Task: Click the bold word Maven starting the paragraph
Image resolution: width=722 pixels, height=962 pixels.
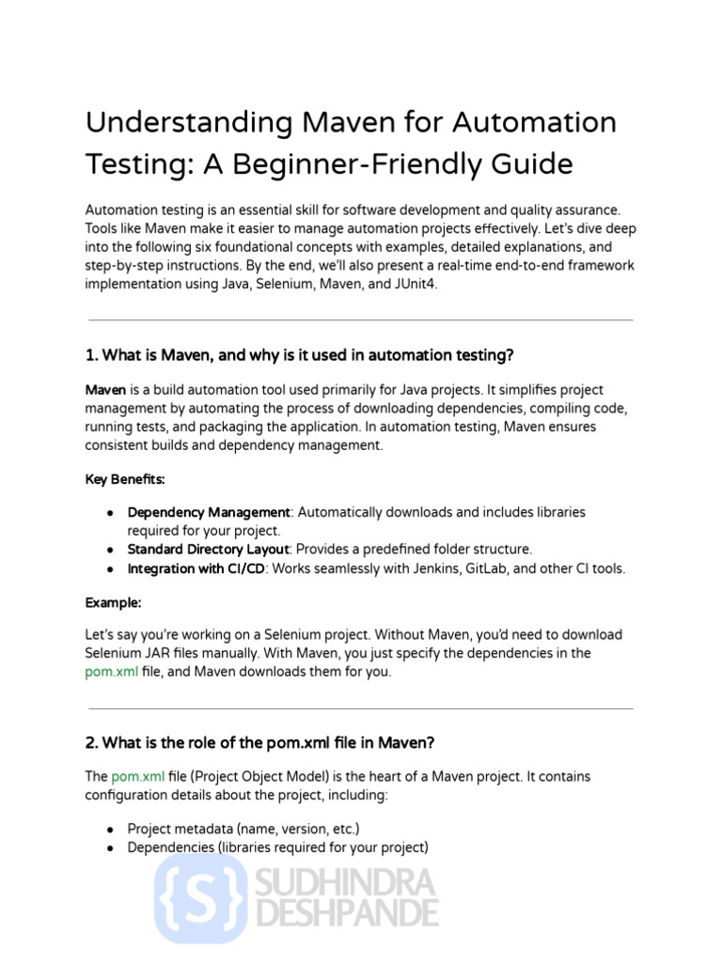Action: [105, 390]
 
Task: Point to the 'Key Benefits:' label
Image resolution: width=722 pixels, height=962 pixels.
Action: [125, 479]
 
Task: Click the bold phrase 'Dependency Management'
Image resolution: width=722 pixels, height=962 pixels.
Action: [208, 512]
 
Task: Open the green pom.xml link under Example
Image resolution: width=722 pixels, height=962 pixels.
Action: [112, 672]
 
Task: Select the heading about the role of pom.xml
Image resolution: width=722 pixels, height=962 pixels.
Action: [259, 742]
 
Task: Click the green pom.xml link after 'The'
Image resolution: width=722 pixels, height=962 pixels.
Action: [138, 777]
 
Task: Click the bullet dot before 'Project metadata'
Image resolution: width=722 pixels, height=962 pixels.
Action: [111, 830]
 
